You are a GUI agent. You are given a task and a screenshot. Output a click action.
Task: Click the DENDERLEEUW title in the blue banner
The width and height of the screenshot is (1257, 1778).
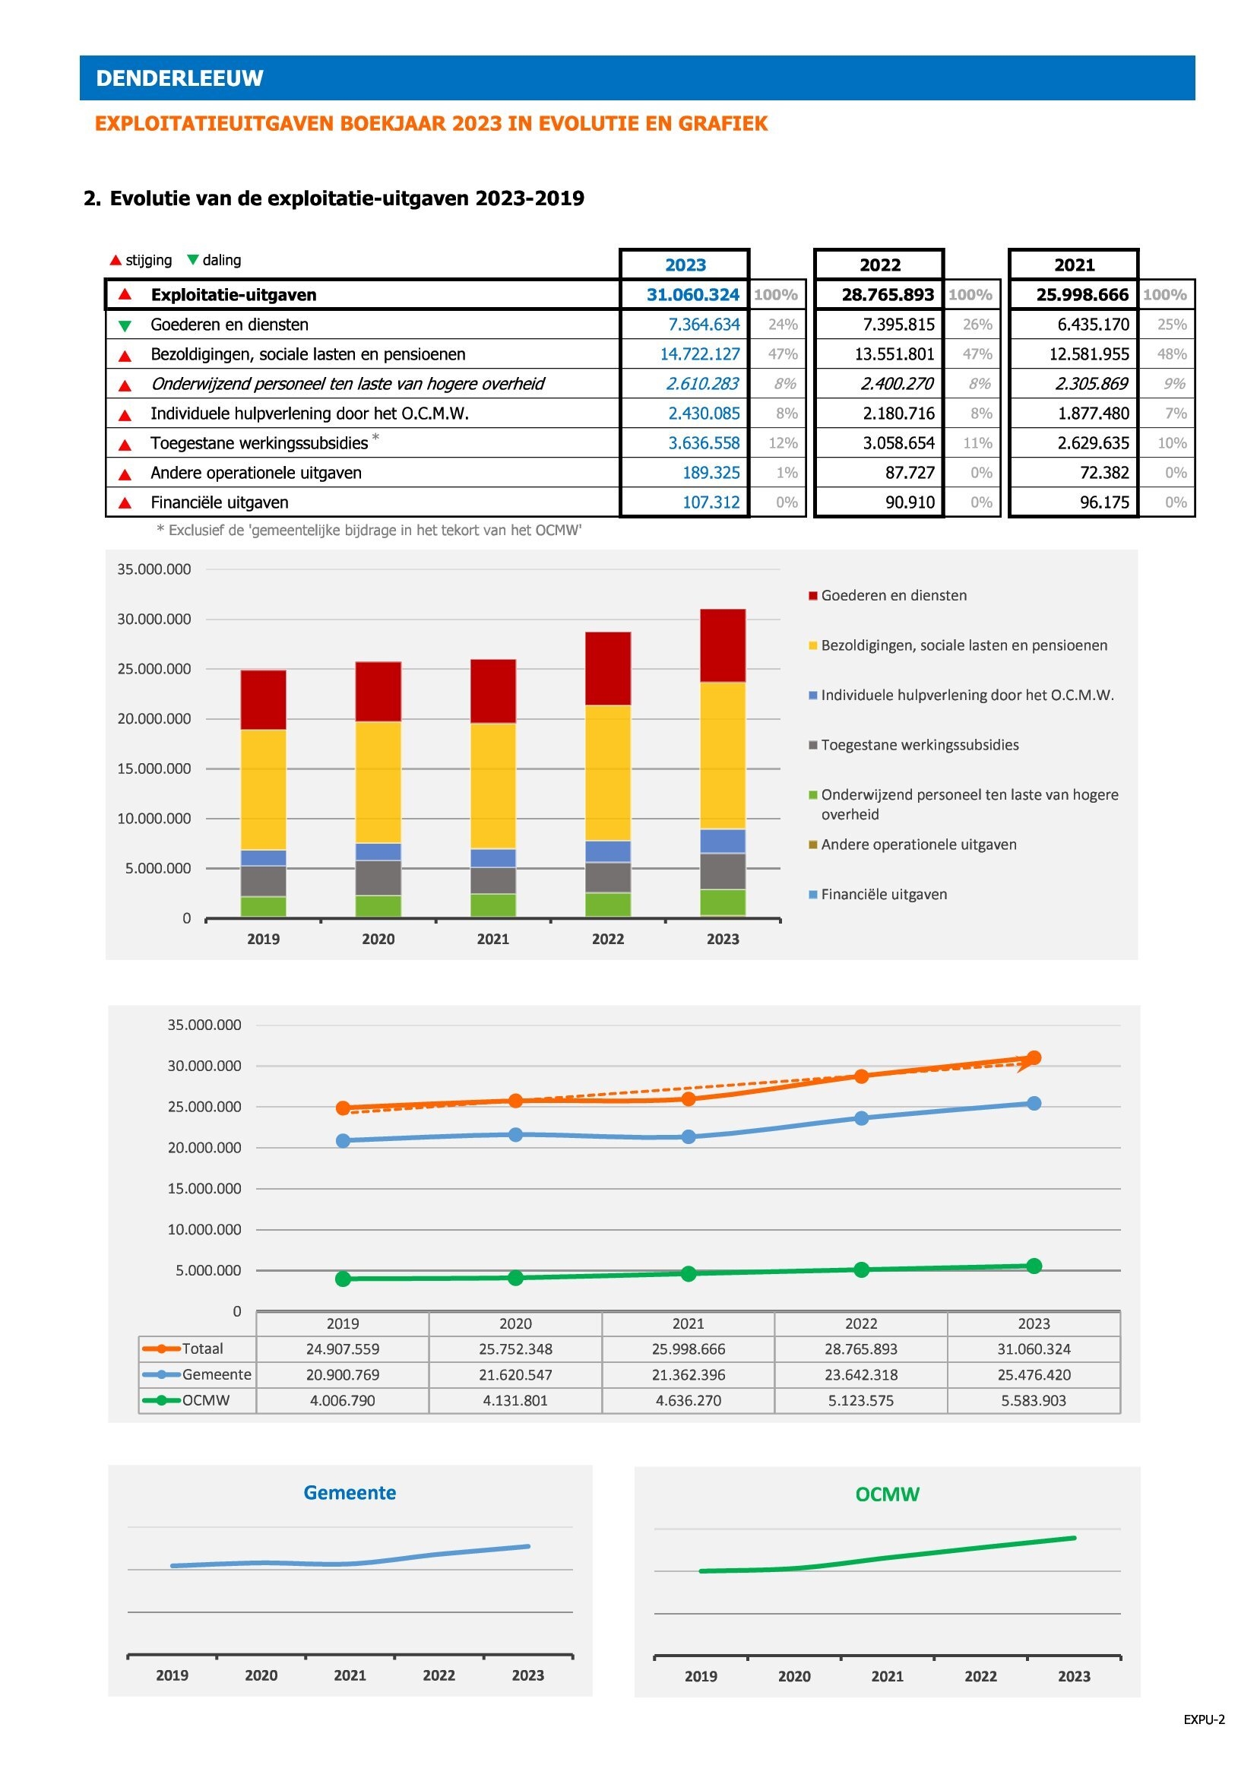tap(179, 78)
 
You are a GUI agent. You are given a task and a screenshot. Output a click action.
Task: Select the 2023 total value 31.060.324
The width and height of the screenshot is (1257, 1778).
tap(693, 295)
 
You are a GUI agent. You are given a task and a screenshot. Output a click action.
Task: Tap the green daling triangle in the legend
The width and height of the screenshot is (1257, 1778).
tap(193, 259)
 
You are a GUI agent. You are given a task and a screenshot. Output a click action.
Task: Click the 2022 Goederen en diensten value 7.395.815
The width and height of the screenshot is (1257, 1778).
tap(898, 325)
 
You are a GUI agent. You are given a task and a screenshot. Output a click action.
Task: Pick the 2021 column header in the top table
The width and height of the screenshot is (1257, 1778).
tap(1075, 265)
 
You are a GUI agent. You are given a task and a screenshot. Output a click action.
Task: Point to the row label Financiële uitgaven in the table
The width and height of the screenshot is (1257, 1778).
tap(219, 502)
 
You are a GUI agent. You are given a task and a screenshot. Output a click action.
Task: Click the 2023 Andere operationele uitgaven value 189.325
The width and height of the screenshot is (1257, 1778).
tap(711, 472)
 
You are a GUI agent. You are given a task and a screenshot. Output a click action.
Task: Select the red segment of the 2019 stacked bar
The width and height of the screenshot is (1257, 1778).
tap(263, 700)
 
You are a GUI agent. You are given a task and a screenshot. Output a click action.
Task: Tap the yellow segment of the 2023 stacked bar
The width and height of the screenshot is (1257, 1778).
tap(723, 756)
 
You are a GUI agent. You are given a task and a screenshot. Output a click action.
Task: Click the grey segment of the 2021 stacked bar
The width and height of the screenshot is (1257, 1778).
tap(493, 880)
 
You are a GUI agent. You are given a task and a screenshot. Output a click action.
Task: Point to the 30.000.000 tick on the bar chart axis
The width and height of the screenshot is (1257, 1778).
tap(154, 620)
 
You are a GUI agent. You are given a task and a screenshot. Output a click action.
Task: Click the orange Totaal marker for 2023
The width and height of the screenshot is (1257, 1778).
tap(1034, 1058)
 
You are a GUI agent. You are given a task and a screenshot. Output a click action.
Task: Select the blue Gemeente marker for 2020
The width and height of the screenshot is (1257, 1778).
tap(515, 1134)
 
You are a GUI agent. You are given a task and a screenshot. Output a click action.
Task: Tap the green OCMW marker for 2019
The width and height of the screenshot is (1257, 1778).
tap(343, 1279)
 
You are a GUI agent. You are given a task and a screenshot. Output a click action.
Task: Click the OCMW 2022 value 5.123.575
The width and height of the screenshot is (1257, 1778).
tap(861, 1400)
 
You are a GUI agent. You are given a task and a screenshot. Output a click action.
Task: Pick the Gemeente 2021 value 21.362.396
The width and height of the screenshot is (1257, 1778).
tap(688, 1374)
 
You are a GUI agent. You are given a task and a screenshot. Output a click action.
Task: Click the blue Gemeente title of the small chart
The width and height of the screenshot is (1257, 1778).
tap(350, 1492)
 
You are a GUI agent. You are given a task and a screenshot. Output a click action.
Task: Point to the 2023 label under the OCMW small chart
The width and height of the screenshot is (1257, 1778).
tap(1074, 1677)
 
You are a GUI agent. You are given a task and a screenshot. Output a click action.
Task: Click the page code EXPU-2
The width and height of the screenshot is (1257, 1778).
tap(1204, 1720)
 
